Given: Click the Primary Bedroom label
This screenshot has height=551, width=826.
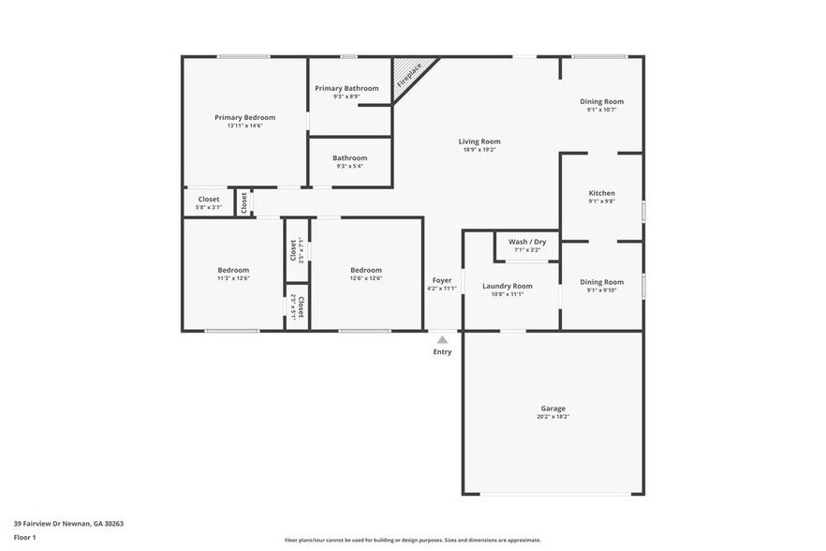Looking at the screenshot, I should pyautogui.click(x=244, y=117).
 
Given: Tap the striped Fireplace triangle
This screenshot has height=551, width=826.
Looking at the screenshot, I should pyautogui.click(x=406, y=72).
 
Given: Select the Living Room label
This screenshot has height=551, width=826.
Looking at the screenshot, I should pyautogui.click(x=479, y=141).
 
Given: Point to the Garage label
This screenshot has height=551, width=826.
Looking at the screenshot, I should pyautogui.click(x=553, y=409).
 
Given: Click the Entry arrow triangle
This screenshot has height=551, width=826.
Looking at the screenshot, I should pyautogui.click(x=442, y=339).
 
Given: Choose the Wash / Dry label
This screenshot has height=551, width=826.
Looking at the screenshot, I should pyautogui.click(x=527, y=242).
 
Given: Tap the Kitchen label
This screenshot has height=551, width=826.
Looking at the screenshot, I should pyautogui.click(x=601, y=192).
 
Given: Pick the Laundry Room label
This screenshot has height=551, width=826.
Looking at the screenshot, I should pyautogui.click(x=507, y=286).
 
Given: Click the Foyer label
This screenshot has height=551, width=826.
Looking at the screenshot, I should pyautogui.click(x=442, y=279).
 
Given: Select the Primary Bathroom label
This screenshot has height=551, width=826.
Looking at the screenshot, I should pyautogui.click(x=347, y=88).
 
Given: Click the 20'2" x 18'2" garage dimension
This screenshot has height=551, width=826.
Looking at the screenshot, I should pyautogui.click(x=553, y=417).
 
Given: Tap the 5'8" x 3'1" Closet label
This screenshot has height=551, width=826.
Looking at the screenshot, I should pyautogui.click(x=208, y=199).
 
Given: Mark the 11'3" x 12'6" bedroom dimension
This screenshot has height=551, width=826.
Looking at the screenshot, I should pyautogui.click(x=233, y=278).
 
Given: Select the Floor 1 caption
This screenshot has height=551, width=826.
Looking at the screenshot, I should pyautogui.click(x=24, y=537).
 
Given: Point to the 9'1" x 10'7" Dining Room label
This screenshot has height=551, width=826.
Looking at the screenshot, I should pyautogui.click(x=601, y=101).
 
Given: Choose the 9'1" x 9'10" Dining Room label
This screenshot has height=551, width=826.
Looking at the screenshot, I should pyautogui.click(x=601, y=282).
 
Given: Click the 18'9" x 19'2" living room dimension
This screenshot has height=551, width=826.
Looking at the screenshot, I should pyautogui.click(x=479, y=150).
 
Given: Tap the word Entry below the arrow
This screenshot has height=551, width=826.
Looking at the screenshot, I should pyautogui.click(x=442, y=352).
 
